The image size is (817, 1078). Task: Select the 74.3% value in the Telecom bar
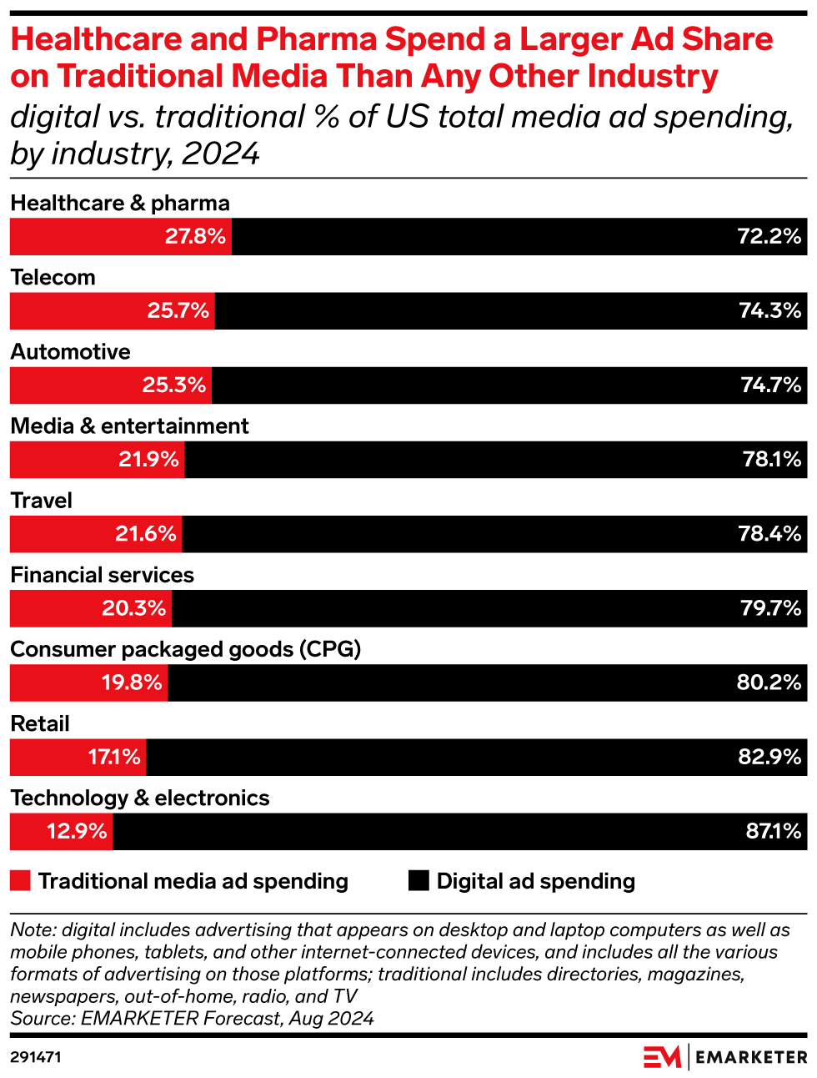coord(769,310)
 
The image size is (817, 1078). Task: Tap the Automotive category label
coord(70,351)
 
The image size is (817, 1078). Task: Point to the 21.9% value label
coord(148,459)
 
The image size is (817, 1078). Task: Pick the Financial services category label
coord(102,575)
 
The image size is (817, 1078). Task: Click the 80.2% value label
coord(769,683)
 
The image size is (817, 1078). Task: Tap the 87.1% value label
coord(773,831)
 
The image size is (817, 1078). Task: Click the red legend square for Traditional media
coord(20,881)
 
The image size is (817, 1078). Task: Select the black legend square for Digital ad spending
coord(419,881)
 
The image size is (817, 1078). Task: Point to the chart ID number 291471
coord(36,1057)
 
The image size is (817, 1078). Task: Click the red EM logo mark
coord(662,1056)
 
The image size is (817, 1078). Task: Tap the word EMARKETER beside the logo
coord(751,1057)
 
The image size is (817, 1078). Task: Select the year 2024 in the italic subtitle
coord(220,154)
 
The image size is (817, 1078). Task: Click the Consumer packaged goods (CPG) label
coord(185,649)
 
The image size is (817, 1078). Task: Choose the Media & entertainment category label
coord(129,426)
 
